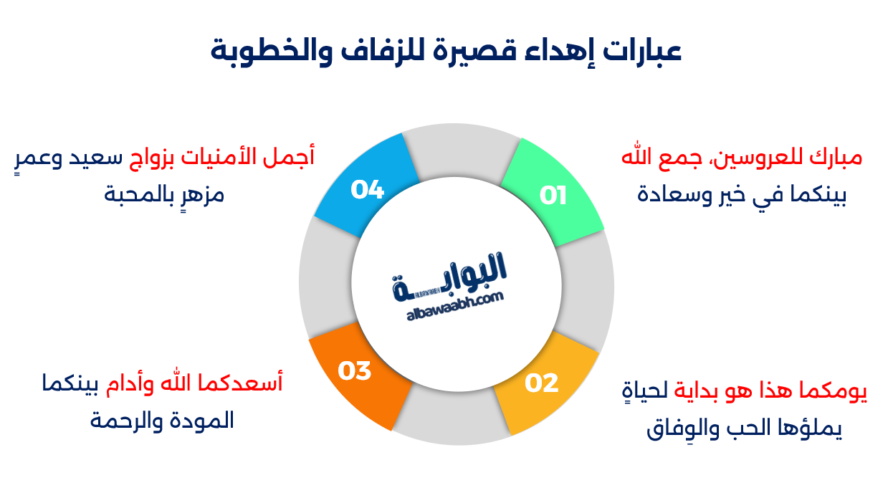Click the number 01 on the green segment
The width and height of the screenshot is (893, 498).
(553, 196)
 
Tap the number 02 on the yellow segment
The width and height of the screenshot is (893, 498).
(541, 383)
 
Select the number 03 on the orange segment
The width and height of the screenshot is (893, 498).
(355, 371)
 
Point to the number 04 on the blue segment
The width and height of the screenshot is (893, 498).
(368, 190)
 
